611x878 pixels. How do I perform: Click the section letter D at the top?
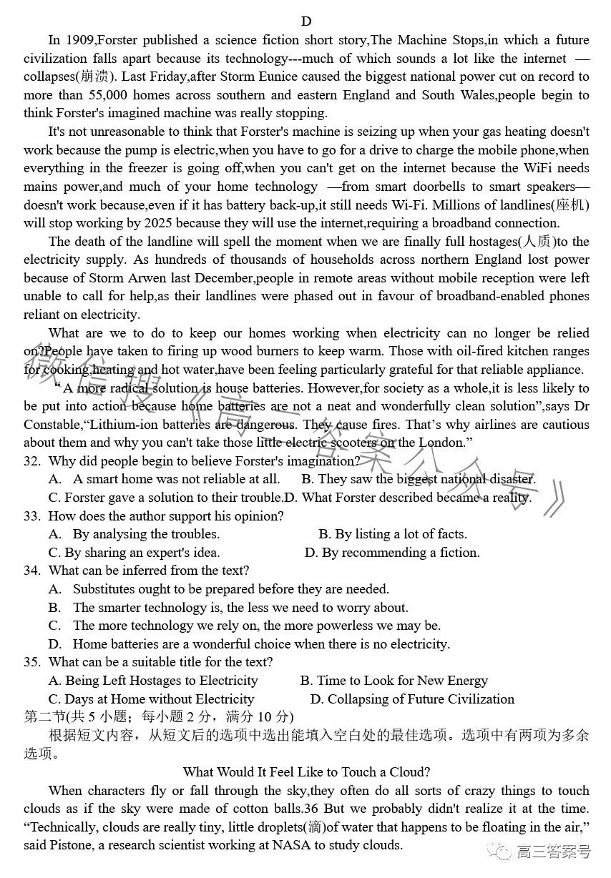[x=306, y=21]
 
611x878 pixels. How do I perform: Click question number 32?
[x=31, y=461]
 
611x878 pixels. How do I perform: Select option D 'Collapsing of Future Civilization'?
[x=412, y=699]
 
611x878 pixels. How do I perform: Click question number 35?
[x=31, y=662]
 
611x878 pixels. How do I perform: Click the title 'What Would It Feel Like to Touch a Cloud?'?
[x=306, y=772]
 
